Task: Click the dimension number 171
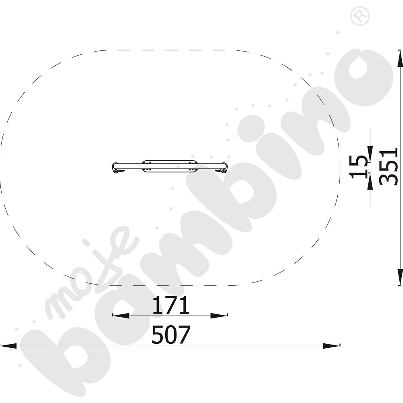171,305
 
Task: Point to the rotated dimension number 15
358,166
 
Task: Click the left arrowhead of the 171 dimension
121,316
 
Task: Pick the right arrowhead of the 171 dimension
219,316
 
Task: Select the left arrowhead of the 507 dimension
8,346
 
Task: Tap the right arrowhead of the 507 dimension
331,346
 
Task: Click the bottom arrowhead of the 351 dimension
400,277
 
